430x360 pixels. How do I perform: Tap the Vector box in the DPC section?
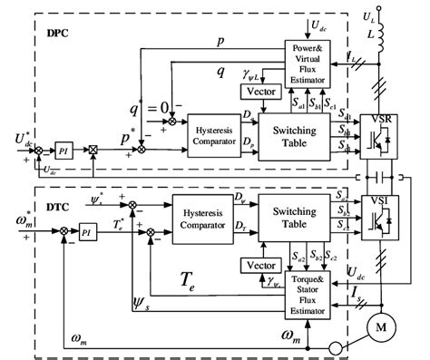(x=253, y=92)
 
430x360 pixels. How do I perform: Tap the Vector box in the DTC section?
(x=253, y=264)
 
